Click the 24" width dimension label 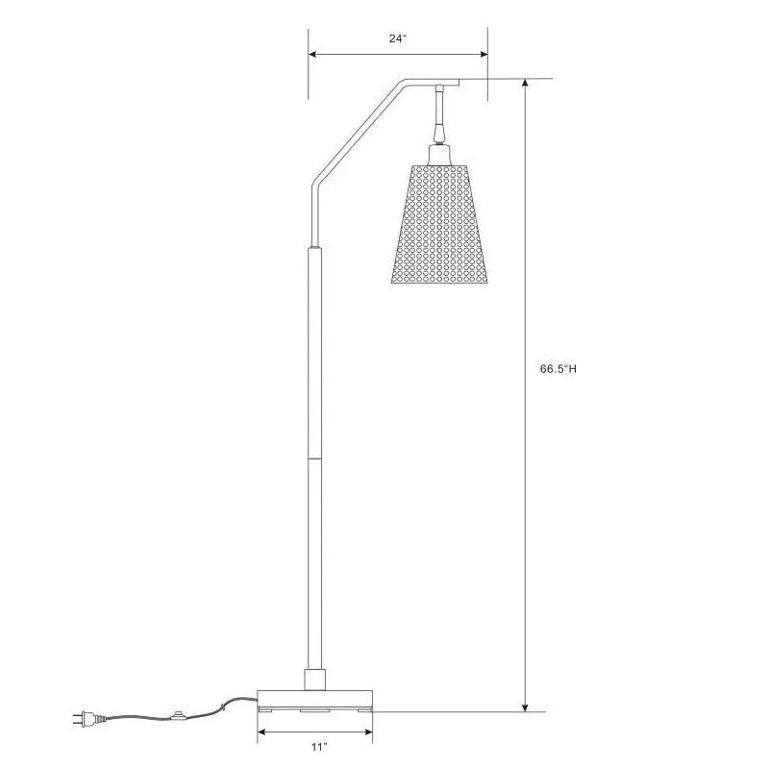[398, 39]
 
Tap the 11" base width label [318, 747]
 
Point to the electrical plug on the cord [82, 717]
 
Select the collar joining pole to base [315, 679]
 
